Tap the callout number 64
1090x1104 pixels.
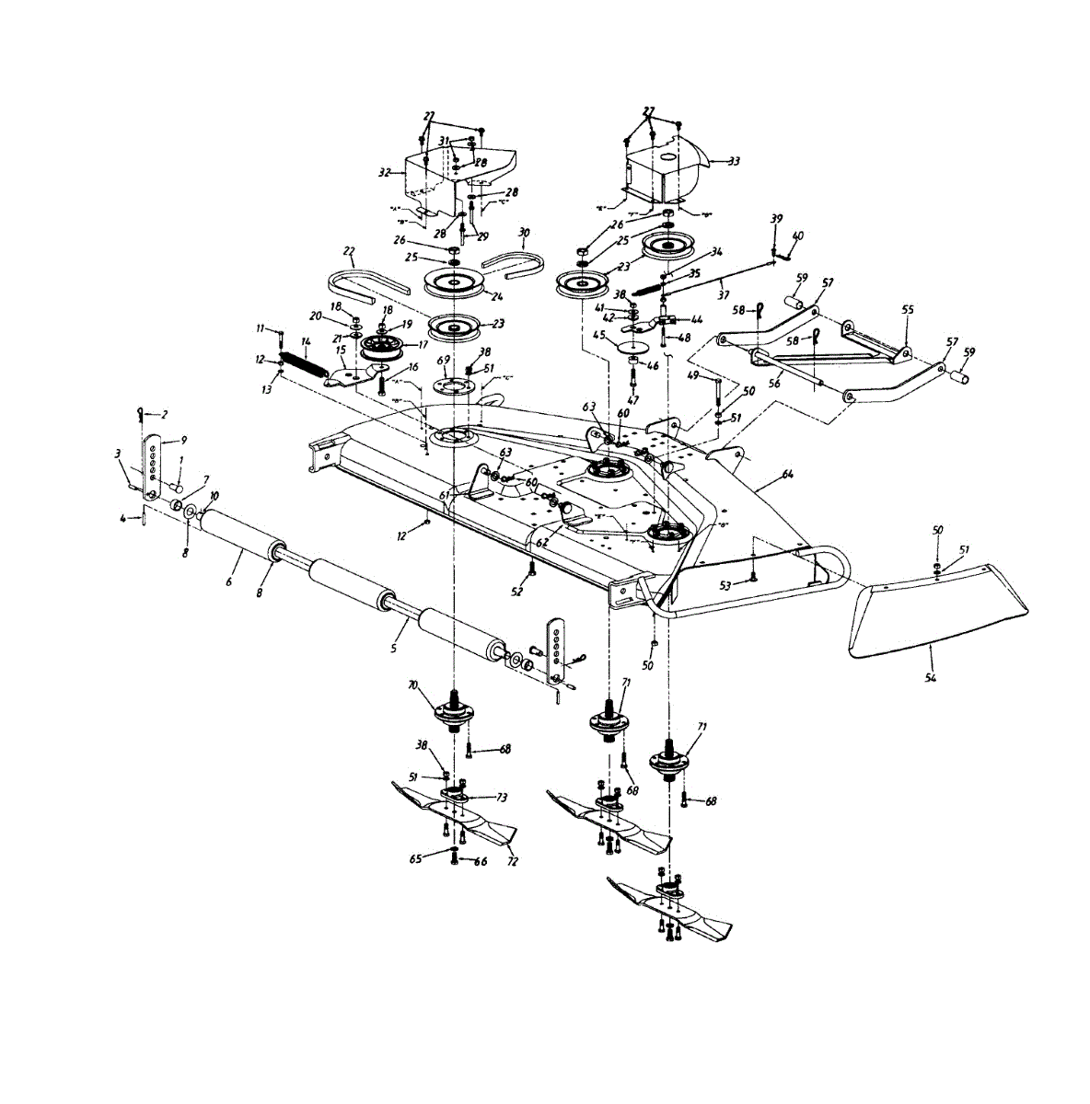[x=787, y=474]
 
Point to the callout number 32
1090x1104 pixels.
[x=384, y=171]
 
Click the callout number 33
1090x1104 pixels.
[x=734, y=161]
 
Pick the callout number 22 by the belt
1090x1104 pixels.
[x=349, y=250]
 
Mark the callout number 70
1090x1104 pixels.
[x=413, y=685]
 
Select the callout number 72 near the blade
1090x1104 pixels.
[x=512, y=862]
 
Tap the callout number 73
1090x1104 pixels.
[x=502, y=797]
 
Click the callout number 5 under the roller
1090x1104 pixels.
[x=393, y=649]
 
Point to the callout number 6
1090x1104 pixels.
[x=228, y=581]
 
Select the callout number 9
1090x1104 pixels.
[x=183, y=440]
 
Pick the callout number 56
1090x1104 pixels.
[x=774, y=384]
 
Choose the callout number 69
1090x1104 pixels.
[x=443, y=360]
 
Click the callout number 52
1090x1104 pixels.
[x=516, y=591]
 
